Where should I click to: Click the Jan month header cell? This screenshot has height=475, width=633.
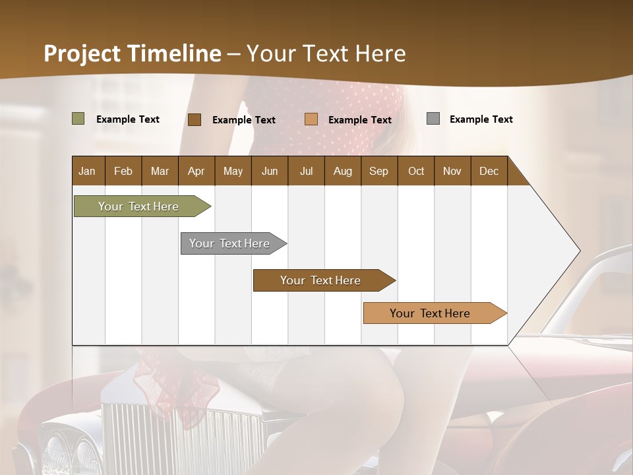88,171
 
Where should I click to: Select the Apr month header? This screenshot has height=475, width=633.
196,171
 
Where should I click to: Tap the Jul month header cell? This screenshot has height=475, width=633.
306,171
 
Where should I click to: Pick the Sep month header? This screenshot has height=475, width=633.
378,171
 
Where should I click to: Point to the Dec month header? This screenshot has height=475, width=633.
489,171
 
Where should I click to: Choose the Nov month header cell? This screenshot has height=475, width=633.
452,171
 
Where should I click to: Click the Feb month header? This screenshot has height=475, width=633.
123,171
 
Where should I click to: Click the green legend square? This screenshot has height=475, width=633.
78,119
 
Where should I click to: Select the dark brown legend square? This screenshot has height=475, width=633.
194,119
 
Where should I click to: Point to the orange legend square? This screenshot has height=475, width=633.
311,119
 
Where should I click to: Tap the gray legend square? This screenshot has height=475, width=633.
433,119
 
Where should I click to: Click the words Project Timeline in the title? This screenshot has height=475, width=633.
132,53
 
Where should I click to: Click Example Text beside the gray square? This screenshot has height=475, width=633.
481,119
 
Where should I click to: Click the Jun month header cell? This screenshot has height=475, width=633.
270,171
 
